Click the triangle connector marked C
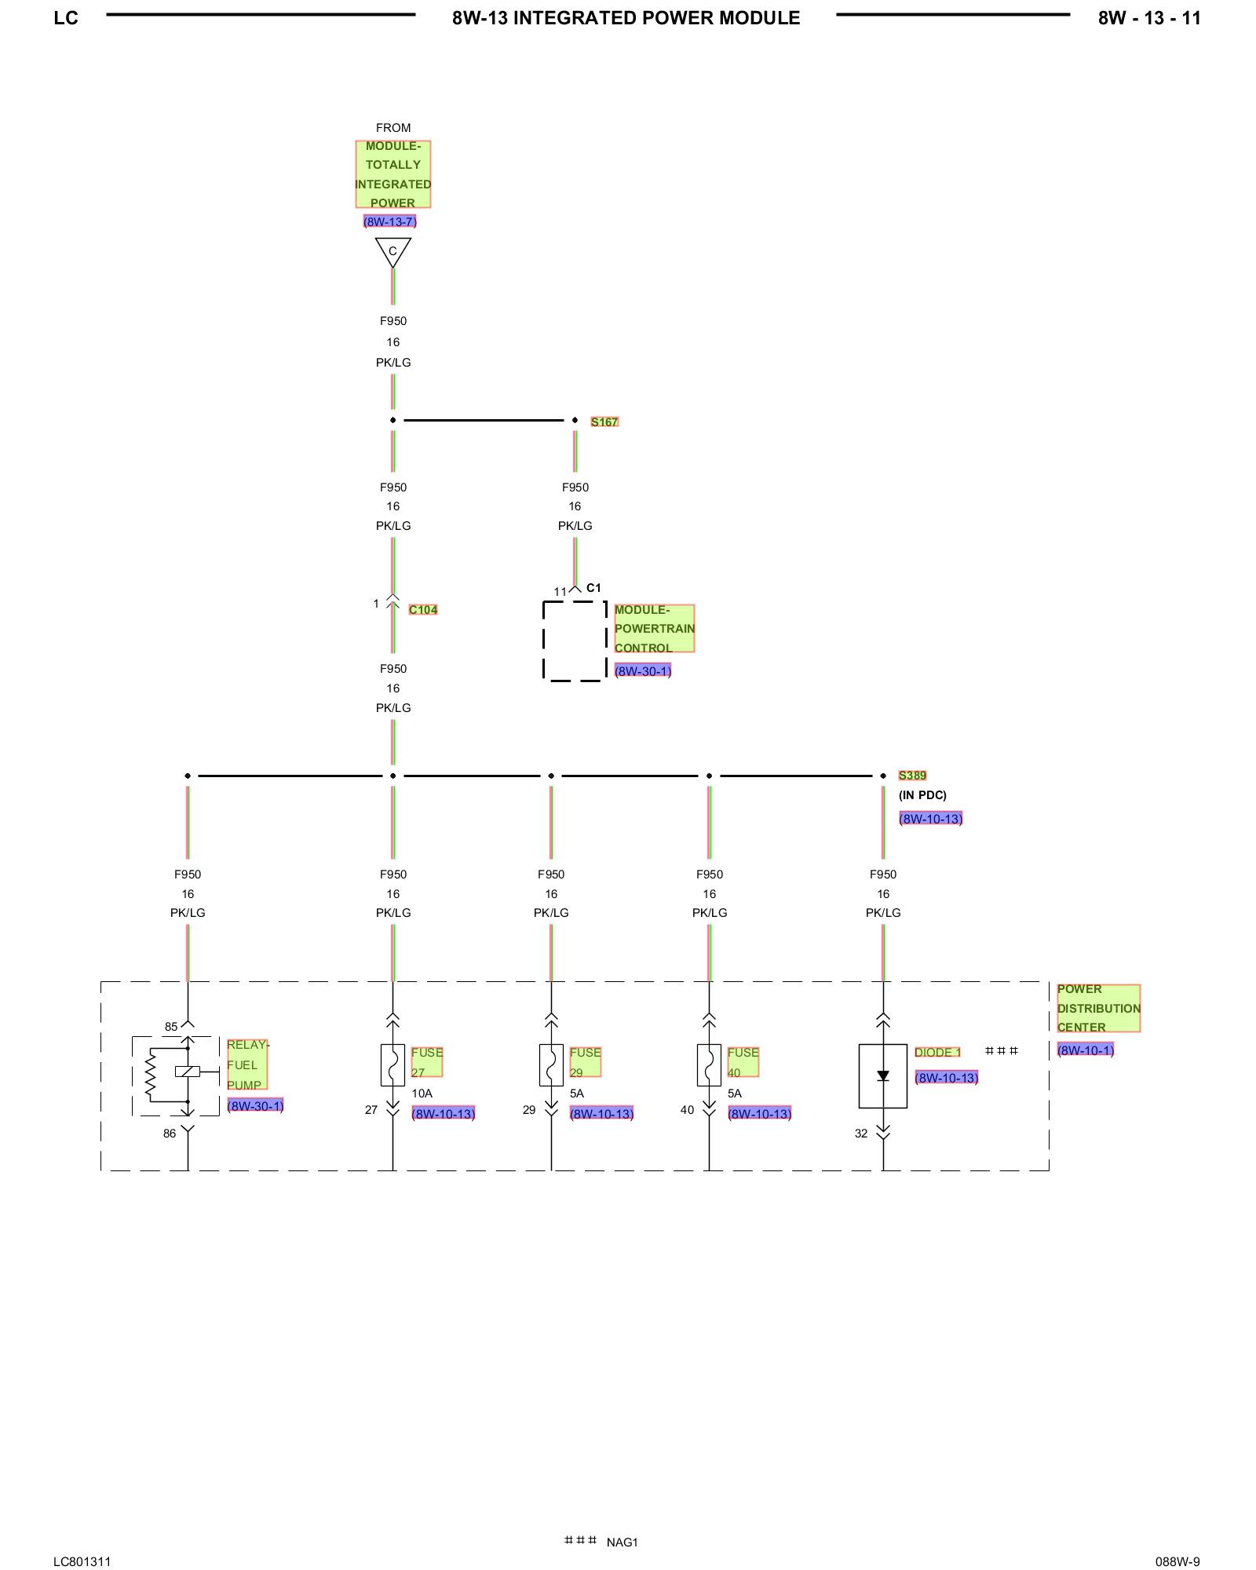(392, 251)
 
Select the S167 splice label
(604, 422)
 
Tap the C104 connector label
(423, 610)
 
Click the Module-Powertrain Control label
(654, 628)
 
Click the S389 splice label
(912, 776)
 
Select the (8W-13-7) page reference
(389, 221)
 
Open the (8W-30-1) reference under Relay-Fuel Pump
(255, 1106)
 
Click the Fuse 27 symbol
(392, 1065)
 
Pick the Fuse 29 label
(585, 1062)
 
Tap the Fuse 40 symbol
(709, 1065)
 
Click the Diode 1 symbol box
(882, 1076)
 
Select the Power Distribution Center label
(1097, 1008)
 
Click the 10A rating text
(422, 1094)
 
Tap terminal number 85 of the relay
(171, 1027)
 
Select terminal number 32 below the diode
(861, 1134)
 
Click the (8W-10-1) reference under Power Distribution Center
(1085, 1050)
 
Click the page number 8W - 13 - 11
(1149, 18)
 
